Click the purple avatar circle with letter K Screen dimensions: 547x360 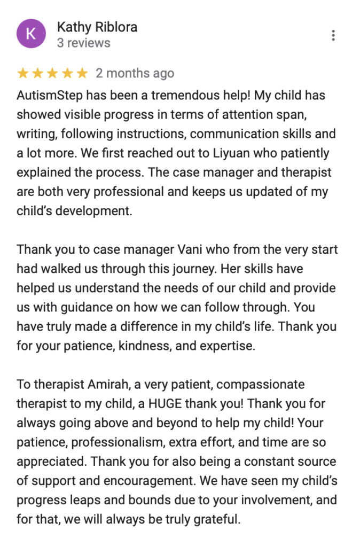31,34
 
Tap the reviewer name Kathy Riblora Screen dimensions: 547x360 97,27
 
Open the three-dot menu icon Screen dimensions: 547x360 333,36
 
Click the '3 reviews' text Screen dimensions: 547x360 83,43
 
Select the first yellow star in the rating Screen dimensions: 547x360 22,73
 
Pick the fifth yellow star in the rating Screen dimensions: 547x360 82,73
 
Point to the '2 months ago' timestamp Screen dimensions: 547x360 135,73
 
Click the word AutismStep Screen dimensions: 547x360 47,96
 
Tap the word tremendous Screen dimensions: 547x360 191,96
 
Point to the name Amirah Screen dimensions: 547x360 103,384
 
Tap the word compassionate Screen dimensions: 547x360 261,384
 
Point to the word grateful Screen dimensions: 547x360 216,519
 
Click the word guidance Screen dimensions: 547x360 70,307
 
